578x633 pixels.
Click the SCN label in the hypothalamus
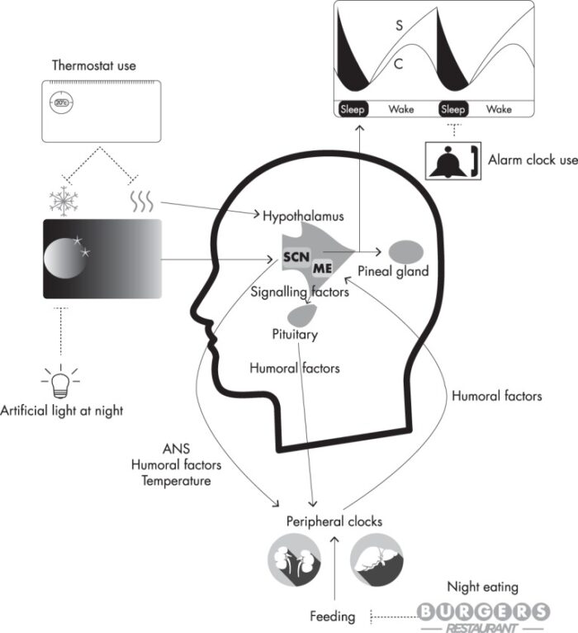coord(296,256)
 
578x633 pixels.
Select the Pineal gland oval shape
coord(406,250)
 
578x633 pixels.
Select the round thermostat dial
coord(60,102)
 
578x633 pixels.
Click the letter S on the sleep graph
coord(399,26)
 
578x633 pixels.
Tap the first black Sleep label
coord(353,109)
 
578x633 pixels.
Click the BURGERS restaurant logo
coord(483,612)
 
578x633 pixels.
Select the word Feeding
coord(333,616)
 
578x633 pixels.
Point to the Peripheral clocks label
coord(334,521)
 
